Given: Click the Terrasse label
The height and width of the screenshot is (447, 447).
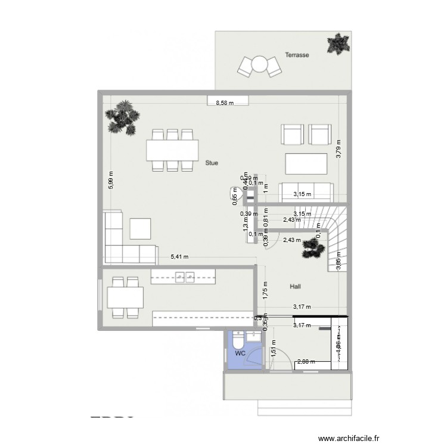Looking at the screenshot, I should coord(297,54).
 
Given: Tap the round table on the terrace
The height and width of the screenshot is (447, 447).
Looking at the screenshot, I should coord(259,63).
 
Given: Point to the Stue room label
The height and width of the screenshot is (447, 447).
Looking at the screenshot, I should coord(211,162).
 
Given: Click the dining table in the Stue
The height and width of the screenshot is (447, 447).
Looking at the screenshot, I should coord(173,150).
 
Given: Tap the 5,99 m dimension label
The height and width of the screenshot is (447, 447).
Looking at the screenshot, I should coord(111,180).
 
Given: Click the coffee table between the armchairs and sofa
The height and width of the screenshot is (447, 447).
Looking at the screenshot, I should coord(306,163).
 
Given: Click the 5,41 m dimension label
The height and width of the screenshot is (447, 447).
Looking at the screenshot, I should coord(179,257).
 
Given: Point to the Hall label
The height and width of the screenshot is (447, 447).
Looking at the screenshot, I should coord(295,287).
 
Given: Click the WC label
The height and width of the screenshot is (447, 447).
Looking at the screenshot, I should coord(240,353).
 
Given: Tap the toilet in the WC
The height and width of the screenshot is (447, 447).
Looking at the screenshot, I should coord(239,341).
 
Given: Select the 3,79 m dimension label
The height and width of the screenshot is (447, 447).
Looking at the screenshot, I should coord(338,148).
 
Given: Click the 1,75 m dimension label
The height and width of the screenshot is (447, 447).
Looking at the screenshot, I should coord(266,289).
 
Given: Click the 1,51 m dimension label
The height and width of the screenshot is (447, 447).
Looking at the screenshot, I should coord(273,352).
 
